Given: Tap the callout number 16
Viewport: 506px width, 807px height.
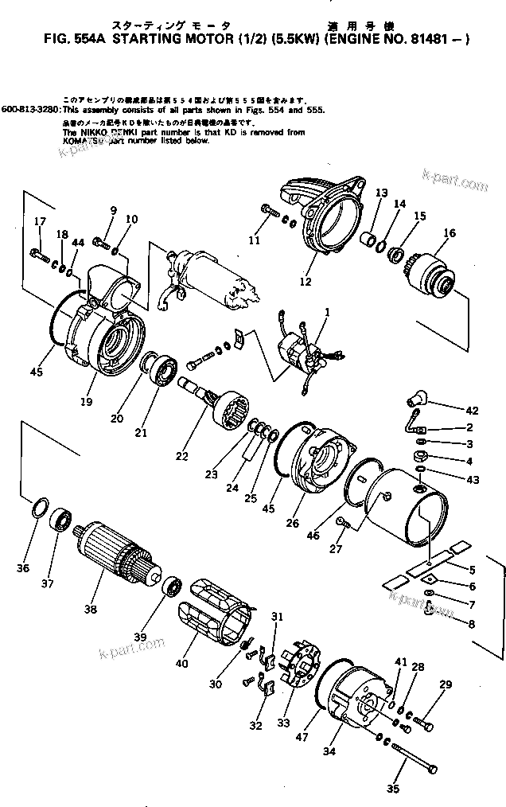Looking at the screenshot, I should coord(450,233).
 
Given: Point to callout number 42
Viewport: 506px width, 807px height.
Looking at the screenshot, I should coord(472,411).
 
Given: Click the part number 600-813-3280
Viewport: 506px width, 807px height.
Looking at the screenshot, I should coord(31,108).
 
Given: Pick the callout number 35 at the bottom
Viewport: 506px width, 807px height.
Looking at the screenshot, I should coord(391,789).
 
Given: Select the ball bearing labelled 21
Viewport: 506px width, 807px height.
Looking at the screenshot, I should coord(165,371).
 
